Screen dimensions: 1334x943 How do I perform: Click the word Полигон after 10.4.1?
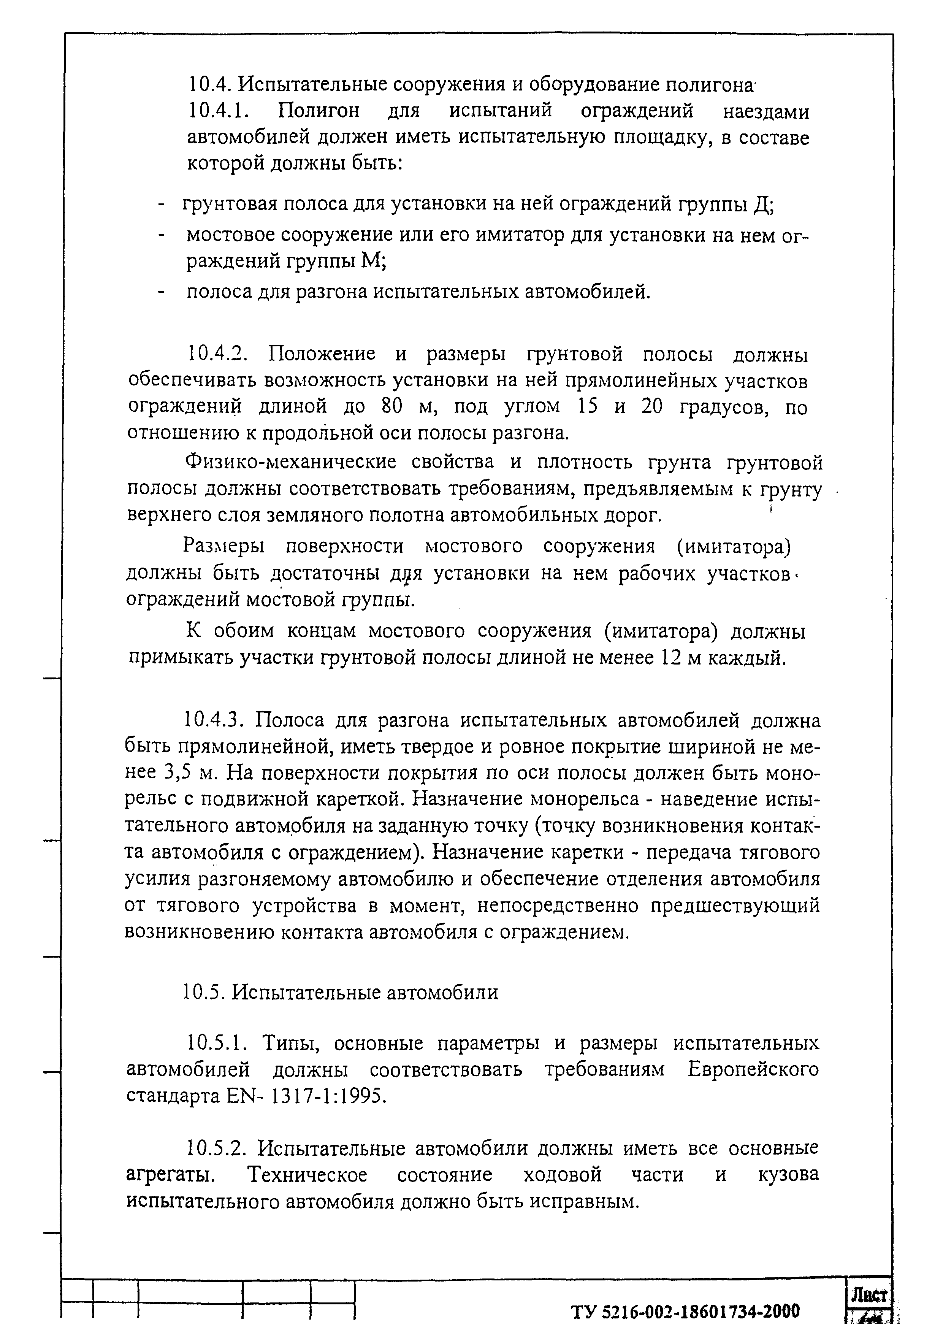319,110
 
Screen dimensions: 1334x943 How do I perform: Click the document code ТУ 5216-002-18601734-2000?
686,1311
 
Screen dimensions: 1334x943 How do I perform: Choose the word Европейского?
753,1070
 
